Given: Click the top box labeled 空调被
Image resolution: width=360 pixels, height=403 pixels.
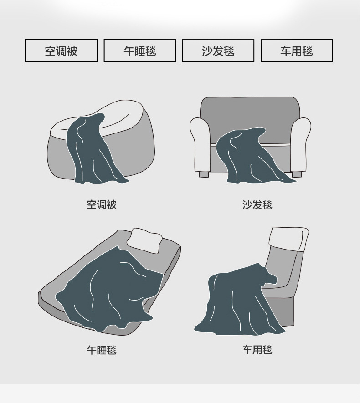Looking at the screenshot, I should tap(61, 51).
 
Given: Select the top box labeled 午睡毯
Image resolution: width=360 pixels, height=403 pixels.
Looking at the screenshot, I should tap(139, 51).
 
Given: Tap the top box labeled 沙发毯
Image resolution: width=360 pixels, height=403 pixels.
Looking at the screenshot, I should tap(218, 51).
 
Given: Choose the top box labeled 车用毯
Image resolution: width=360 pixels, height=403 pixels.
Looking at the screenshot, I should tap(297, 51).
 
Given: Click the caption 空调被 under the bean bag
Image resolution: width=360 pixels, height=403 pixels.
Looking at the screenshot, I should tap(102, 204).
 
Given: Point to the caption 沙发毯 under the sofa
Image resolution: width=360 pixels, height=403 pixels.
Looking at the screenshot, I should tap(257, 205).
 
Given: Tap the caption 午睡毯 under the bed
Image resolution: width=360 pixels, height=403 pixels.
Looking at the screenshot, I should tap(102, 350).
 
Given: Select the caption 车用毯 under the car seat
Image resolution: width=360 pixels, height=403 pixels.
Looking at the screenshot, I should tap(257, 350).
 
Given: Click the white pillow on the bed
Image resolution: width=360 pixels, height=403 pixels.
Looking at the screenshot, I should tap(145, 240).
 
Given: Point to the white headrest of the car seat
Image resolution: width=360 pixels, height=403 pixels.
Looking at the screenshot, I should tap(288, 238).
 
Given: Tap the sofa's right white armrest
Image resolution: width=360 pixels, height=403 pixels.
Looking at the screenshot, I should tap(301, 143).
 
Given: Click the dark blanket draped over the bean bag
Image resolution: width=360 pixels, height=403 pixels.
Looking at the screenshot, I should tap(91, 150).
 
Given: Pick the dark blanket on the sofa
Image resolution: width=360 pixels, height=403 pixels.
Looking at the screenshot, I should tap(248, 157).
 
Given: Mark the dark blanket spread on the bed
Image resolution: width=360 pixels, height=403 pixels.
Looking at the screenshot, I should tap(109, 287).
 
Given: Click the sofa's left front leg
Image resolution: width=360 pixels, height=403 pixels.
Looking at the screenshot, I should tap(204, 174).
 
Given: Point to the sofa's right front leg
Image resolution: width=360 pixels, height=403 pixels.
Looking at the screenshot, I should tap(297, 174).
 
